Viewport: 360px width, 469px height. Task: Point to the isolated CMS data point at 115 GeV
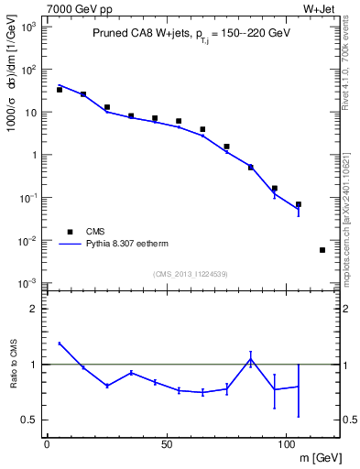pyautogui.click(x=322, y=250)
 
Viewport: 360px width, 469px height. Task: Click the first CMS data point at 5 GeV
pyautogui.click(x=59, y=90)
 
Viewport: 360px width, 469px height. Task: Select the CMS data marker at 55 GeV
pyautogui.click(x=179, y=121)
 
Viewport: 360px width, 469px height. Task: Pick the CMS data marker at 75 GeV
pyautogui.click(x=226, y=147)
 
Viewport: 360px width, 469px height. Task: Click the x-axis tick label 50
pyautogui.click(x=167, y=445)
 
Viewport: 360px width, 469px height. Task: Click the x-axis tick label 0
pyautogui.click(x=47, y=445)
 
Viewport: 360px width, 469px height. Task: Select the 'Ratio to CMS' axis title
pyautogui.click(x=13, y=364)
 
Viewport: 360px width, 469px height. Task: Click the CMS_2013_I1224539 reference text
pyautogui.click(x=190, y=273)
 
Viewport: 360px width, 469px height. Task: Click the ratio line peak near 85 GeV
pyautogui.click(x=250, y=360)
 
